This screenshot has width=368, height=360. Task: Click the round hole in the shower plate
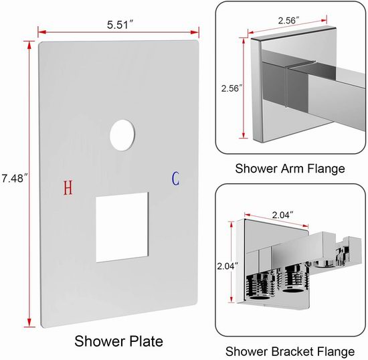(x=122, y=135)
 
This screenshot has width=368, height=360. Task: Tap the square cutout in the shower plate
(x=122, y=227)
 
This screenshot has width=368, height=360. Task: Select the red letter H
(x=68, y=188)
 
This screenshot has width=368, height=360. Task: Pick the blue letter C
(x=175, y=179)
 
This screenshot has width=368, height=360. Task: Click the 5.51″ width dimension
(x=120, y=25)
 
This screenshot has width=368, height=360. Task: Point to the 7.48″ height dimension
(x=15, y=179)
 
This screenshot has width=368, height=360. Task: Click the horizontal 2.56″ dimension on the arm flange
(x=288, y=21)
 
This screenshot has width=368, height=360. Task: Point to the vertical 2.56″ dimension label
(x=232, y=88)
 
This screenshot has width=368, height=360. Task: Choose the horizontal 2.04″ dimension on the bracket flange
(x=282, y=215)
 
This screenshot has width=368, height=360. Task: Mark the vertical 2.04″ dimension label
(x=227, y=266)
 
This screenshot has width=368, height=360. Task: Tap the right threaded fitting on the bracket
(x=295, y=278)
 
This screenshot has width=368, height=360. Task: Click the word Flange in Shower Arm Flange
(x=327, y=169)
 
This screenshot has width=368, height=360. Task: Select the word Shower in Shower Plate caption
(x=97, y=341)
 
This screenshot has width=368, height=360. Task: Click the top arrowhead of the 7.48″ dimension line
(x=29, y=46)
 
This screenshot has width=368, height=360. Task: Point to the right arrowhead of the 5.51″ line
(x=195, y=32)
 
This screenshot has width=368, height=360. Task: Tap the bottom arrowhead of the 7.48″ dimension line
(x=29, y=323)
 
